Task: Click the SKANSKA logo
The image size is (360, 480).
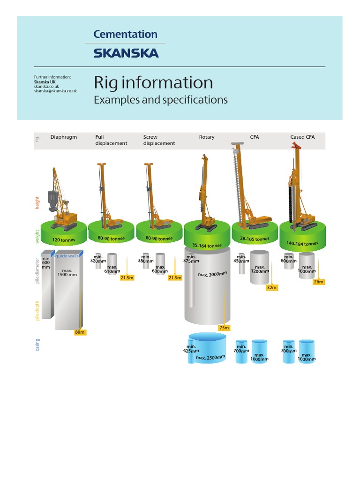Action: [x=126, y=53]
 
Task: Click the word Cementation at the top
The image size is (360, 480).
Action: [x=125, y=34]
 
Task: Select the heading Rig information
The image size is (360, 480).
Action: [x=153, y=82]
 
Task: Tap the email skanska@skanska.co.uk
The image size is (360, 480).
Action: [x=55, y=91]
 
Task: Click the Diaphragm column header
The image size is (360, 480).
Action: [x=63, y=137]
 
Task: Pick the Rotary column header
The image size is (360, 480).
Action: [x=206, y=137]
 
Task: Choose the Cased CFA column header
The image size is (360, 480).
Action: [x=302, y=137]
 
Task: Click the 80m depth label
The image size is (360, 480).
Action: [x=80, y=332]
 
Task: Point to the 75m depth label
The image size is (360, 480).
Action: [x=224, y=328]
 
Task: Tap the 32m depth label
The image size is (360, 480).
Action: [x=272, y=287]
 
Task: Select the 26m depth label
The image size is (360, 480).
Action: [x=319, y=282]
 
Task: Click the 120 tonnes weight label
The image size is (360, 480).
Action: [x=64, y=240]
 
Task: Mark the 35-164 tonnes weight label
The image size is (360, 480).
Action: [x=207, y=245]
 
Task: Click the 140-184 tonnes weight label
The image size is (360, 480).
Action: [x=302, y=244]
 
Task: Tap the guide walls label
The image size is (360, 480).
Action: [x=68, y=255]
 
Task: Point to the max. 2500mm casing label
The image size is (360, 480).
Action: [x=210, y=358]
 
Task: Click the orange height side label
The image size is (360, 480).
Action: [x=37, y=203]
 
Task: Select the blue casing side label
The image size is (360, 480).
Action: [x=37, y=345]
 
